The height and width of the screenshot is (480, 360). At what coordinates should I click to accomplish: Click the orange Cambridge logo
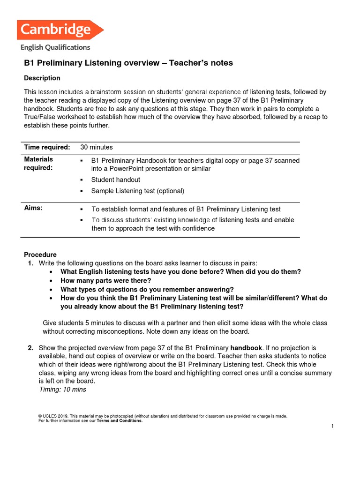[x=60, y=30]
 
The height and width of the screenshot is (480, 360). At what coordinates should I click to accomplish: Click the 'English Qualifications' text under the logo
[x=55, y=47]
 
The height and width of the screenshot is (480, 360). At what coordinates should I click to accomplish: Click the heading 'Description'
[x=42, y=78]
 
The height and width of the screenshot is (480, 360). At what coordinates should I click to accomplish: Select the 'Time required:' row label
[x=47, y=147]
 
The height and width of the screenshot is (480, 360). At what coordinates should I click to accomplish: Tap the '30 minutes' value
[x=97, y=147]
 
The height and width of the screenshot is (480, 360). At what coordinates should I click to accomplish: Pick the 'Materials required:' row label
[x=38, y=164]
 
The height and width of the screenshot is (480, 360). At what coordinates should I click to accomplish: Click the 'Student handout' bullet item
[x=115, y=180]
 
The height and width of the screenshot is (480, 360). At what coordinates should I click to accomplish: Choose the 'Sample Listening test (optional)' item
[x=137, y=191]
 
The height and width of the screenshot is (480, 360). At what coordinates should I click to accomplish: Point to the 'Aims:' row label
[x=33, y=209]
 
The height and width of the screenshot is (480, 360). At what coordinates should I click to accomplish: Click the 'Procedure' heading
[x=40, y=255]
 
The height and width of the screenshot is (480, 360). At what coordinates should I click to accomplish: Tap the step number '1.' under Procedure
[x=30, y=263]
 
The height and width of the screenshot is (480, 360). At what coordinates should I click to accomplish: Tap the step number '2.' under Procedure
[x=30, y=348]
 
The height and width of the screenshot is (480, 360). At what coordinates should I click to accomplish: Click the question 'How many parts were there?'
[x=106, y=280]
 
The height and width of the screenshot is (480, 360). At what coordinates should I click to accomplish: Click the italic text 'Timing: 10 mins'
[x=63, y=389]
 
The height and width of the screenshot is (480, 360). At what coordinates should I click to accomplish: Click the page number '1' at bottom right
[x=332, y=426]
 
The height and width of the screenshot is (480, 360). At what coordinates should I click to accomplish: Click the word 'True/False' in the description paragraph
[x=40, y=117]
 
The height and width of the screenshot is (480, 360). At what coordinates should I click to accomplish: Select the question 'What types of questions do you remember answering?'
[x=147, y=289]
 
